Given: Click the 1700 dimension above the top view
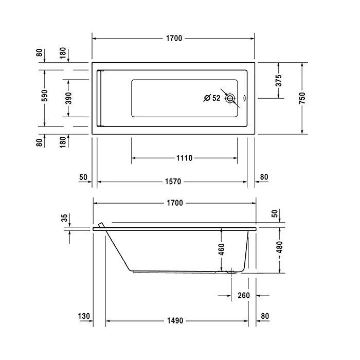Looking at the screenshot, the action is coord(174,39).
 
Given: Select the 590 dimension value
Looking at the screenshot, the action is coord(45,96).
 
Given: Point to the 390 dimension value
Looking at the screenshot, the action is coord(68,98).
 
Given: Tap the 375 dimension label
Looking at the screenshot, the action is coord(278,80).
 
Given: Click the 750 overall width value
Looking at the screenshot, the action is coord(302,98).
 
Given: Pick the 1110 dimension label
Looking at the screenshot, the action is coord(184,158).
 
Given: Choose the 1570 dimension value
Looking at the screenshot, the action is coord(173,182).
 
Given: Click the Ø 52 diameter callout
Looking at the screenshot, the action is coord(212,98).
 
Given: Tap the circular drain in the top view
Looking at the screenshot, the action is coord(230,98).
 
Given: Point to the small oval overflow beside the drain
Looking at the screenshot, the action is coord(245,98).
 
